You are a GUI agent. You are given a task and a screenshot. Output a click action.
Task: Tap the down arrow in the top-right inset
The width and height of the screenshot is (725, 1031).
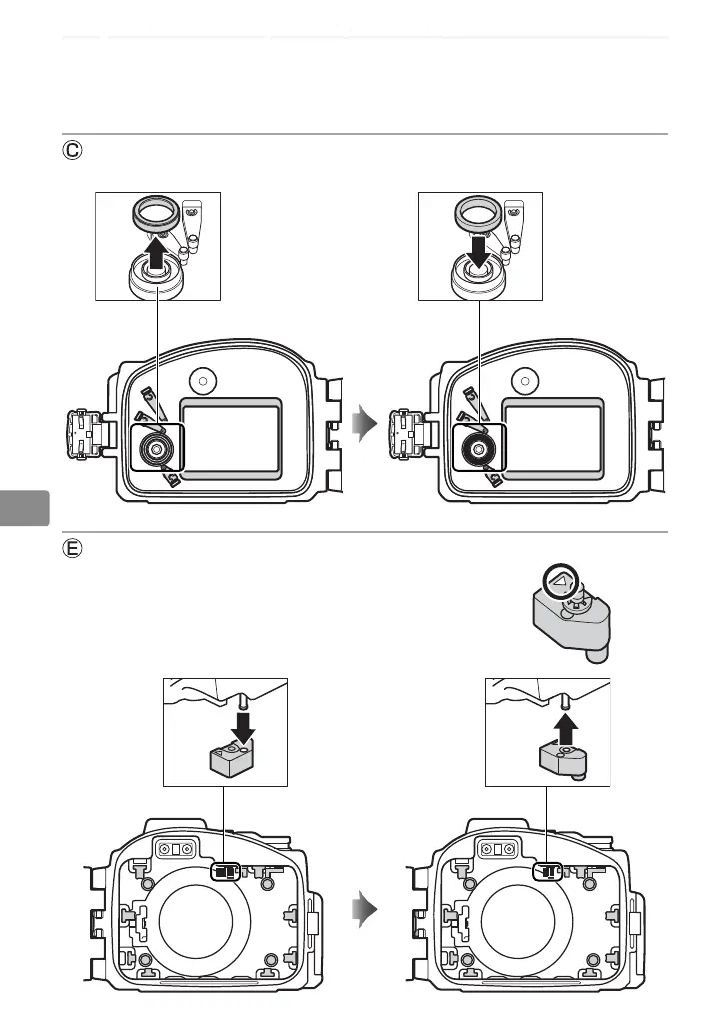click(x=478, y=251)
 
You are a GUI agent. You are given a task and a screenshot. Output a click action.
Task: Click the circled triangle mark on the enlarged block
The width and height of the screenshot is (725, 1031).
click(x=560, y=581)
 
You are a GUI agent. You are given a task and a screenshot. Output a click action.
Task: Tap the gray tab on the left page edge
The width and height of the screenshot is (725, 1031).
click(x=24, y=507)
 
